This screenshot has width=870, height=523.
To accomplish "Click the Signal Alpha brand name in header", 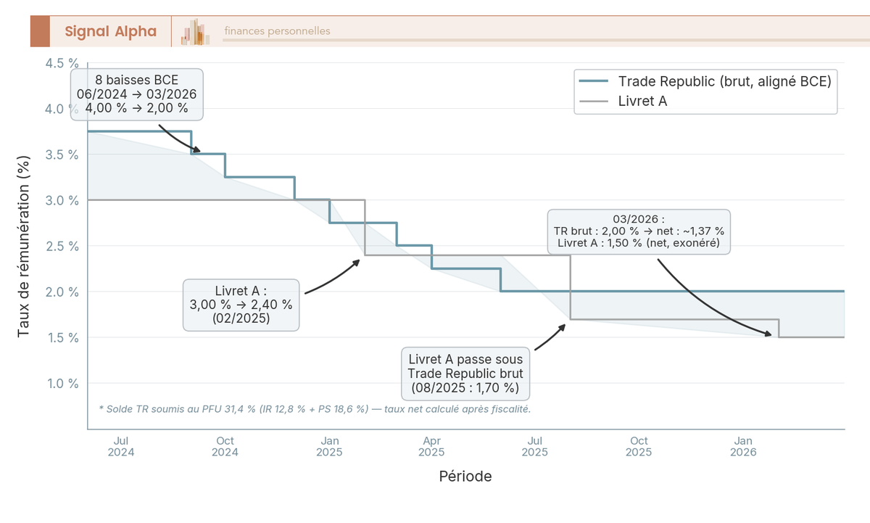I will [x=110, y=31].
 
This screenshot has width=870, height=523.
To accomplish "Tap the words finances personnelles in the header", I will [x=277, y=31].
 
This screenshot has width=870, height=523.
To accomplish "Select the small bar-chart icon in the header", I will [x=196, y=32].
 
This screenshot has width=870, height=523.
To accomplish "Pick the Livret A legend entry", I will [x=642, y=101].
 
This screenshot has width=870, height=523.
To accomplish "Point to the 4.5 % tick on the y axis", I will [x=62, y=63].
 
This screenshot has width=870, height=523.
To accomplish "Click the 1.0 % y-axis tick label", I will [x=62, y=383].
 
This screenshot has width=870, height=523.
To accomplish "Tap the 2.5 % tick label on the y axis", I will [x=62, y=246].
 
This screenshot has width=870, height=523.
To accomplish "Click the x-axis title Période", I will [x=465, y=477].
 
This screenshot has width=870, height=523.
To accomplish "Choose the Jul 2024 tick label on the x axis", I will [x=121, y=446].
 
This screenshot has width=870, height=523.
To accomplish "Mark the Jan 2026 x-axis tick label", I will [x=743, y=446].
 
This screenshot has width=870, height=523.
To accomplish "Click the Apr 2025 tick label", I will [x=431, y=446].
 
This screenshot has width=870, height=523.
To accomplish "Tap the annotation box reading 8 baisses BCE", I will [x=136, y=94].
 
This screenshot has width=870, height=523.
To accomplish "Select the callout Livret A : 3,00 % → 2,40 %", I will [x=241, y=305].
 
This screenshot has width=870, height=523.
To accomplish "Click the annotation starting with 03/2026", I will [x=639, y=231].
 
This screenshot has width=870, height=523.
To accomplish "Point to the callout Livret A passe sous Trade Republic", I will [x=465, y=373].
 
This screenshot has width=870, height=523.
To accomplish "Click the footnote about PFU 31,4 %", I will [x=315, y=409].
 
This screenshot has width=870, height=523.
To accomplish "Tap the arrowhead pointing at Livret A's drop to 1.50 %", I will [x=770, y=335].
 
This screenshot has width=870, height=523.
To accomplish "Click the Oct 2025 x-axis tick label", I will [x=639, y=446].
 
